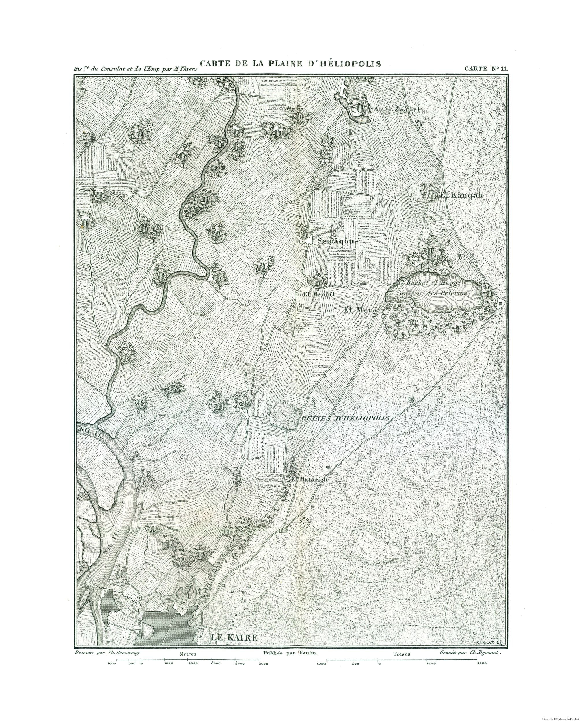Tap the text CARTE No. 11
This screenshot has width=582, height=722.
[486, 68]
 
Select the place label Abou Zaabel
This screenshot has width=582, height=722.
[397, 109]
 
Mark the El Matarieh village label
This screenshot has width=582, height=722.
[309, 480]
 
